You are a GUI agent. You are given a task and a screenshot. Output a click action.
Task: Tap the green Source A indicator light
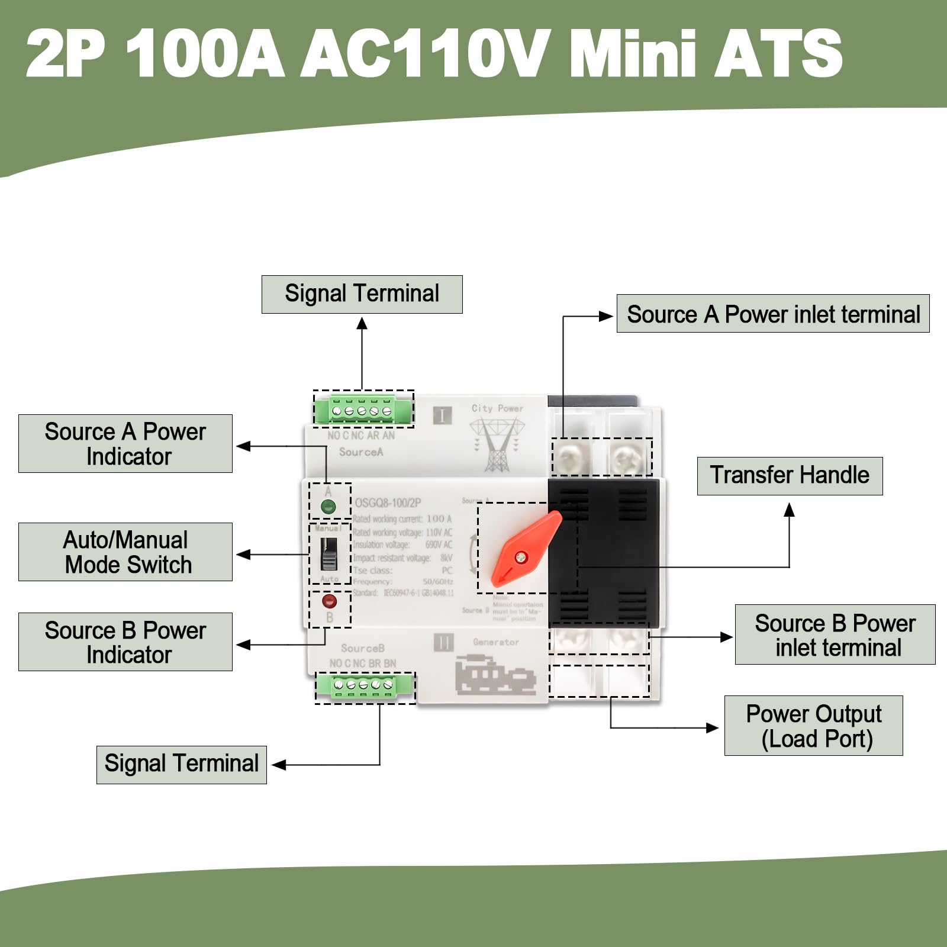[328, 507]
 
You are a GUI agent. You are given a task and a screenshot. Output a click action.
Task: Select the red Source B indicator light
[329, 602]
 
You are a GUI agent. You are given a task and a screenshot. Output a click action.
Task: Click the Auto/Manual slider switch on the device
[329, 553]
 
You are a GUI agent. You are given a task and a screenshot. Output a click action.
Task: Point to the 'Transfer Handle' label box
[790, 476]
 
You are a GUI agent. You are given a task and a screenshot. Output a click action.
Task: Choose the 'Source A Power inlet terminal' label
[773, 314]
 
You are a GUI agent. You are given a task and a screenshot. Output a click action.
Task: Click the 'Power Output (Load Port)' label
[813, 726]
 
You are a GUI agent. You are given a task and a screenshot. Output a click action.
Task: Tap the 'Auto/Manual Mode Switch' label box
[125, 552]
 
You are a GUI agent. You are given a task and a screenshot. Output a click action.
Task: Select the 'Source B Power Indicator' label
[125, 642]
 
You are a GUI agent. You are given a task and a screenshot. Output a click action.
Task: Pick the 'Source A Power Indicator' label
[125, 444]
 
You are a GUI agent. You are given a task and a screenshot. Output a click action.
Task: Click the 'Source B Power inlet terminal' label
[835, 634]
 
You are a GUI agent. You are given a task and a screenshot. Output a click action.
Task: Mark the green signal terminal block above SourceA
[362, 410]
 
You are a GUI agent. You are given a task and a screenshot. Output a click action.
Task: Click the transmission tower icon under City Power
[497, 444]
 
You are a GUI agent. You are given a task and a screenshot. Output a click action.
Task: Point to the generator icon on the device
[495, 675]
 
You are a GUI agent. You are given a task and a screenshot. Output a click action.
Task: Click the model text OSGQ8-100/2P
[388, 503]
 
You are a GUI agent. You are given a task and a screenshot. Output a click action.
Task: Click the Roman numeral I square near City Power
[442, 415]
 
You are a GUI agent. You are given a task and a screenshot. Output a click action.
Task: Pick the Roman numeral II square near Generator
[443, 642]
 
